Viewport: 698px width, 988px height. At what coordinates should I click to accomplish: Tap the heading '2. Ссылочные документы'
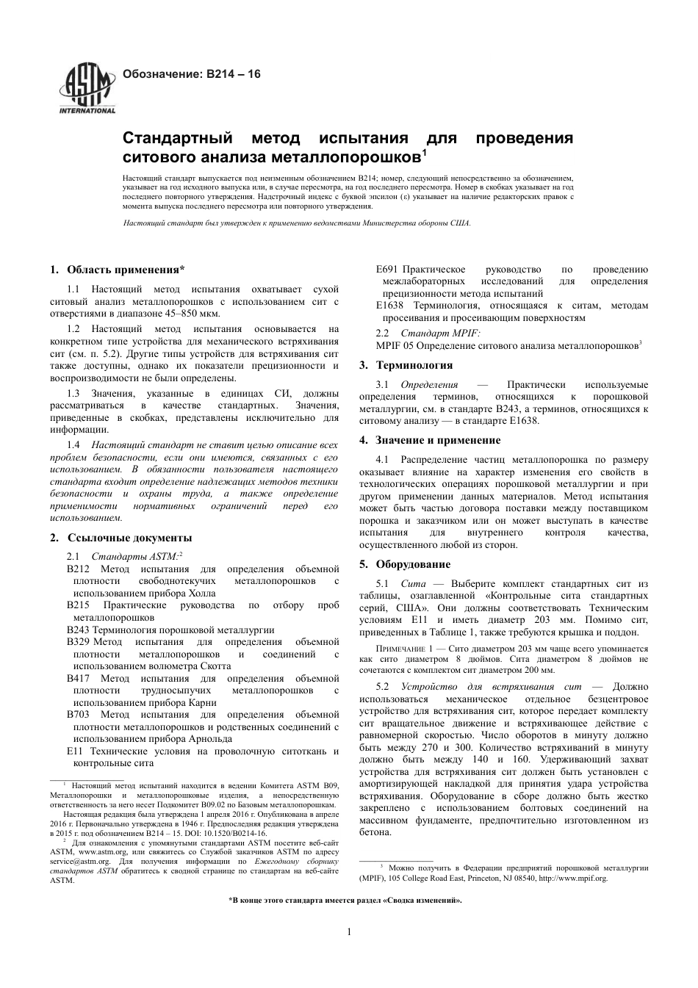(x=120, y=538)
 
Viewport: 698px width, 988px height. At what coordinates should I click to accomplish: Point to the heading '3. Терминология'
(x=406, y=365)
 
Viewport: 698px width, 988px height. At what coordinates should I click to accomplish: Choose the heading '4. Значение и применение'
(x=430, y=440)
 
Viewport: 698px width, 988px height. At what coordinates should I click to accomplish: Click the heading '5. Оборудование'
(x=405, y=564)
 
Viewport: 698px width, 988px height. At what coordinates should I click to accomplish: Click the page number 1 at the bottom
(x=349, y=932)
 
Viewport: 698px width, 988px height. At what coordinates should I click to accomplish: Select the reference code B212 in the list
(x=78, y=569)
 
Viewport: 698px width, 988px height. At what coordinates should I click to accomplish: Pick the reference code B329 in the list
(x=78, y=641)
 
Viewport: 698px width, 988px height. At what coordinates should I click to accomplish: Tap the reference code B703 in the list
(x=78, y=714)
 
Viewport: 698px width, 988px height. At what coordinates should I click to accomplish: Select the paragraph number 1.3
(x=73, y=394)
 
